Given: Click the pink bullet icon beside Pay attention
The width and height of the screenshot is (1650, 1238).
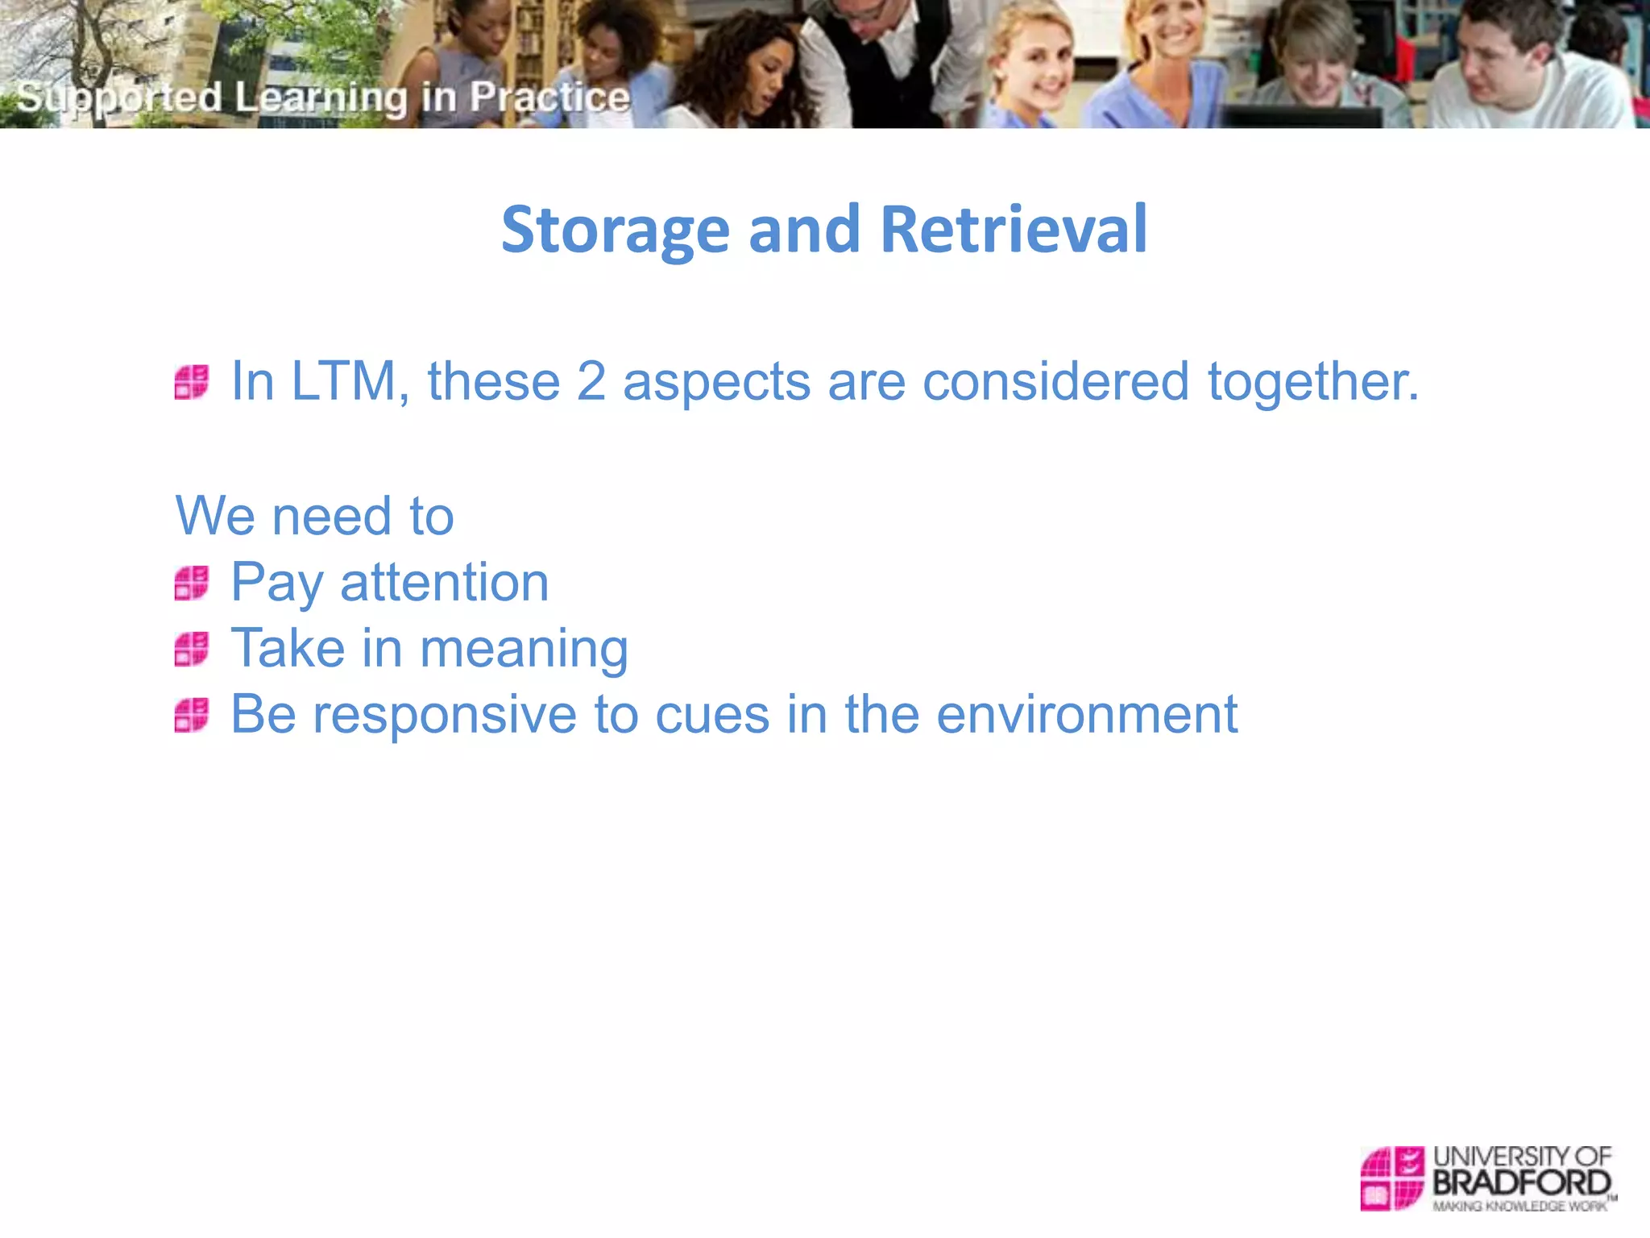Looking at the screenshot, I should [192, 583].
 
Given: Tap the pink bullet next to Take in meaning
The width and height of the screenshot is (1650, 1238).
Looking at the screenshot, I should [192, 649].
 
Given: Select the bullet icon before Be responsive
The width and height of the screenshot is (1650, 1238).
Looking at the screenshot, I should [192, 715].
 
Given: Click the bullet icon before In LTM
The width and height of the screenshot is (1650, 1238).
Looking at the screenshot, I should [192, 382].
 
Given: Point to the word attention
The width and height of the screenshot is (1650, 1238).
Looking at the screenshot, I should [445, 582].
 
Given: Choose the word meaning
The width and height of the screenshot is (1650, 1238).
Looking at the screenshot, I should [524, 650].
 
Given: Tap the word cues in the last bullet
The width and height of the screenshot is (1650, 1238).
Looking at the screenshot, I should [712, 715].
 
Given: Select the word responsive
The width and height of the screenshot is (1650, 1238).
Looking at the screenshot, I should [445, 715].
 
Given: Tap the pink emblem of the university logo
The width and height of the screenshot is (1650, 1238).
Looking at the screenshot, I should [1392, 1178].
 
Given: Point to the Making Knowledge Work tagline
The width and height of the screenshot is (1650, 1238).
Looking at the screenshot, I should [1519, 1206].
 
